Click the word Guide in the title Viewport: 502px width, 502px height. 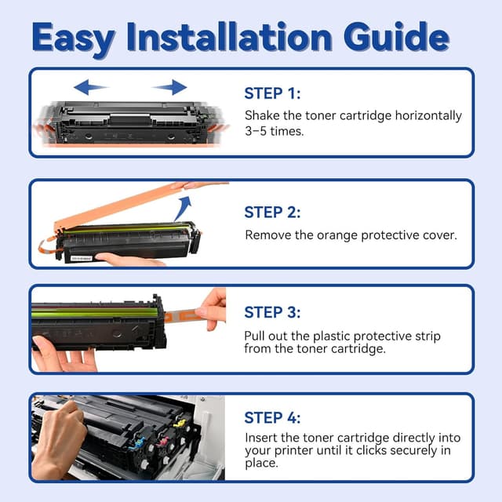397,37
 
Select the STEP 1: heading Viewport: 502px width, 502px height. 272,93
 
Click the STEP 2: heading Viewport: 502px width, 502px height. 272,213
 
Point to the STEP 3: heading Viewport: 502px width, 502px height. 272,312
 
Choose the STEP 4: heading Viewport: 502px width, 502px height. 272,418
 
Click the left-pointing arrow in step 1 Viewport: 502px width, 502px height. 91,87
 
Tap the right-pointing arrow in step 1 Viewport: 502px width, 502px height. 170,87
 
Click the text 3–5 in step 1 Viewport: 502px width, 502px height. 256,131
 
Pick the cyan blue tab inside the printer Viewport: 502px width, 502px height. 136,443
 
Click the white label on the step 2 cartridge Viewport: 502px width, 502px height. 81,258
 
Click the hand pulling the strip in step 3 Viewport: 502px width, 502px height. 211,308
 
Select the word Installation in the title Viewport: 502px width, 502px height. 229,37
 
